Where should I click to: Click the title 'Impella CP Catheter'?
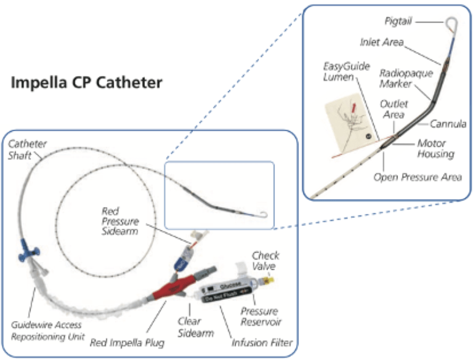pos(87,83)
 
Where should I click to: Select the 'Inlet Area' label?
pos(382,42)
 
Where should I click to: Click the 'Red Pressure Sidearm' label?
pos(120,221)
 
